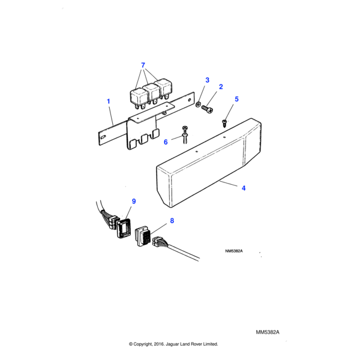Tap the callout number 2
220,87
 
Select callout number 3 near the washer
208,80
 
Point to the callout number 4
244,188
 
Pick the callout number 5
236,99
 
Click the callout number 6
166,142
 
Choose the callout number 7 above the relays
143,65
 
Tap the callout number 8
172,221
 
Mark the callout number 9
134,201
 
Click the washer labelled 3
199,105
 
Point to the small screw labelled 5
226,122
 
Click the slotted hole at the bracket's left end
103,139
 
